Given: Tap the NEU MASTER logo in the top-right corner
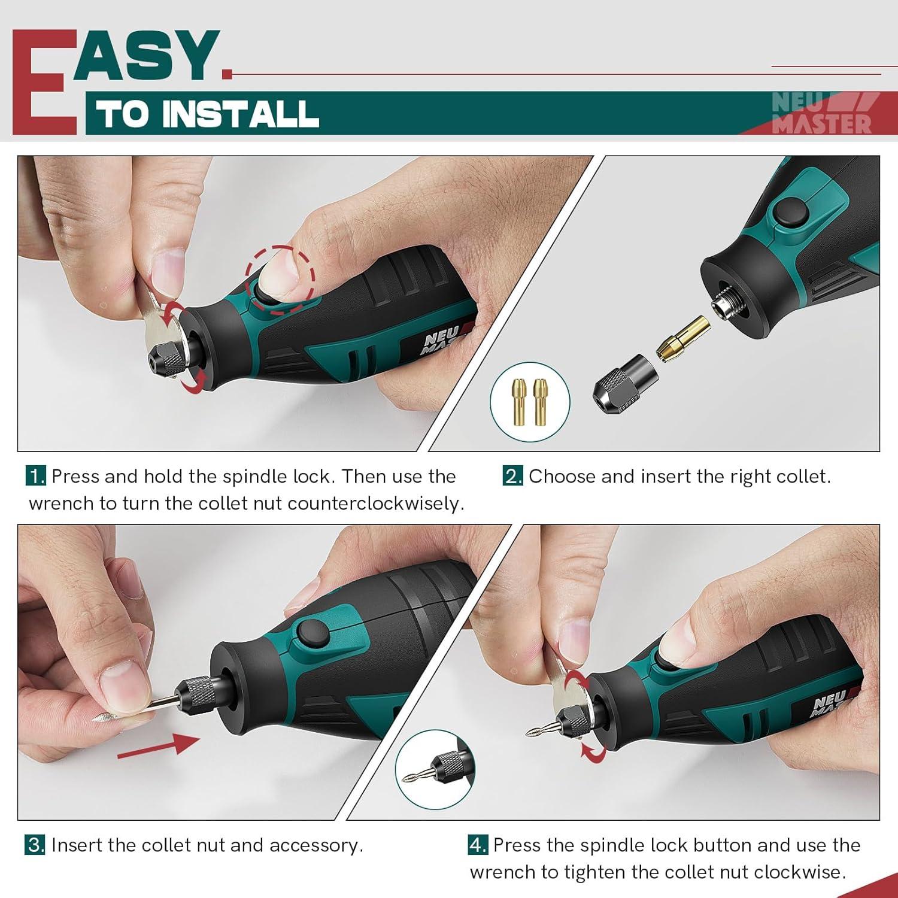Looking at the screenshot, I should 821,113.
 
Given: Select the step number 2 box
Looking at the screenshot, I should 513,477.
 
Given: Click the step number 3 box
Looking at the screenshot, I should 35,845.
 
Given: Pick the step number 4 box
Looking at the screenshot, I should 478,845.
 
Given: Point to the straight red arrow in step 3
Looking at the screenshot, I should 158,746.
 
